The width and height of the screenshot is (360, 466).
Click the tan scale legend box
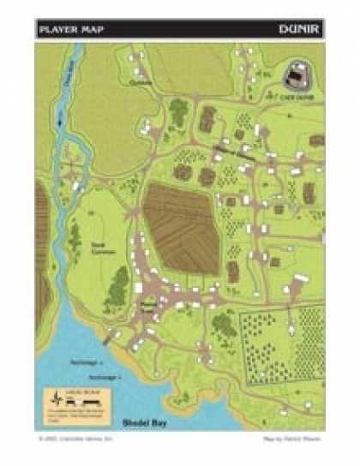click(76, 401)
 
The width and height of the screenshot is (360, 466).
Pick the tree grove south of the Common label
click(118, 288)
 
